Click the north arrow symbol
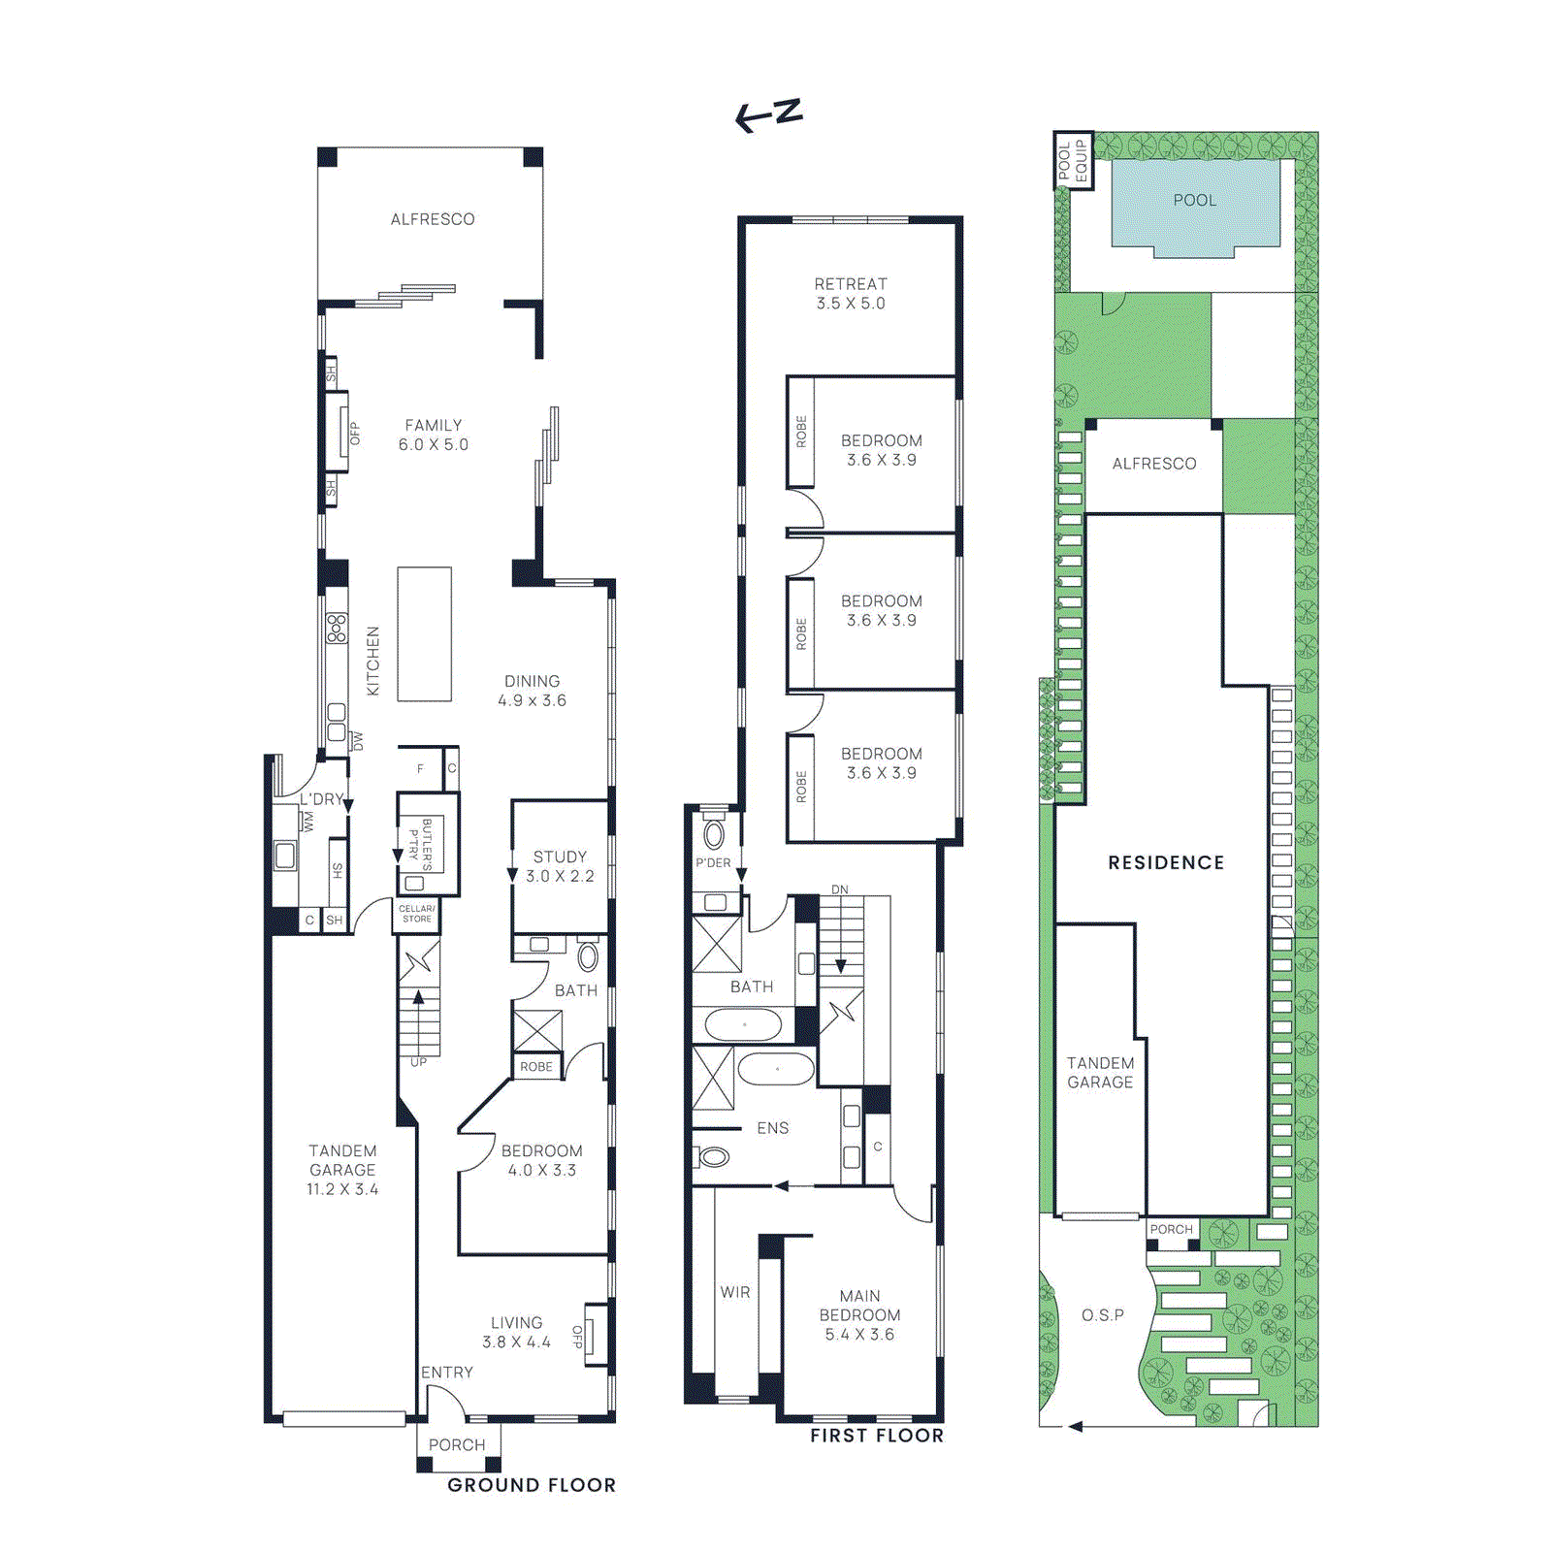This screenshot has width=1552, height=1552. pos(768,114)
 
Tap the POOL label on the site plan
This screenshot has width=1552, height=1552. pos(1194,200)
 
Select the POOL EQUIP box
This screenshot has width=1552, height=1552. pos(1073,160)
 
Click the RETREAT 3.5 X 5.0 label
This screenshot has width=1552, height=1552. pos(850,293)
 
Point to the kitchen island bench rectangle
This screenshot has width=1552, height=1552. pos(424,633)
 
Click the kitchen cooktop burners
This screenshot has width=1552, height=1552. pos(337,628)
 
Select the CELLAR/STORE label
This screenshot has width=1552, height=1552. pos(417,914)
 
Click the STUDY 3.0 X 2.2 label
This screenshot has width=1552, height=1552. pos(560,866)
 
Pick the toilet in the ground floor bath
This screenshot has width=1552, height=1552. pos(588,957)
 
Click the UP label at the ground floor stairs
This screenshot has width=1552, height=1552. pos(418,1062)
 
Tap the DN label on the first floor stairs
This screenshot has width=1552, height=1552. pos(839,889)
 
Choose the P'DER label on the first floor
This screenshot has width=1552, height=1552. pos(713,862)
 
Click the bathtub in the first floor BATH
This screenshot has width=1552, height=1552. pos(743,1024)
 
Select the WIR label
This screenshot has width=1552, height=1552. pos(735,1292)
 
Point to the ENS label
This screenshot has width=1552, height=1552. pos(772,1128)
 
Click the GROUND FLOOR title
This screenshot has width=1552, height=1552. pos(532,1485)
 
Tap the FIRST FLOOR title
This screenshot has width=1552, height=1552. pos(877,1436)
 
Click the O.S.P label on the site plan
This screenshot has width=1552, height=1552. pos(1102,1315)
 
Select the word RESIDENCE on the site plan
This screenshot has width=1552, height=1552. pos(1166,862)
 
